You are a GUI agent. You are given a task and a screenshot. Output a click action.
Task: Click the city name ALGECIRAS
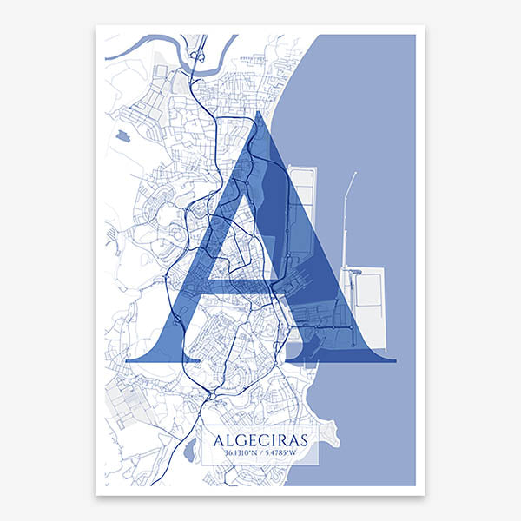tap(260, 439)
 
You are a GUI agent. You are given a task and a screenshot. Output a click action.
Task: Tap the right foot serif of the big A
tap(343, 357)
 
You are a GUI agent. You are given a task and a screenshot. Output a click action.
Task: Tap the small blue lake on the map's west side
tap(119, 135)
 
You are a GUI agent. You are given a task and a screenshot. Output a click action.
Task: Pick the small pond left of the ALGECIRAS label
tap(188, 451)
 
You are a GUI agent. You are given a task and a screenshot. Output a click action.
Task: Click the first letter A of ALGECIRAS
tap(219, 439)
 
